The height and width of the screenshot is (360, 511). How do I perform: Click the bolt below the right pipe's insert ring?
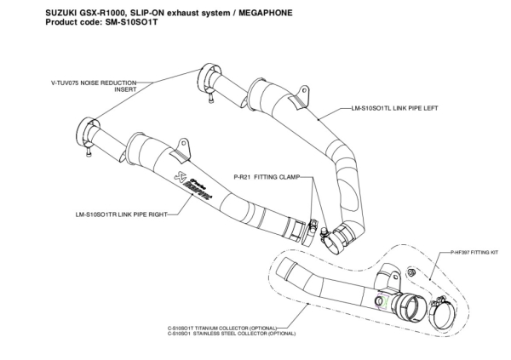coord(88,157)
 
